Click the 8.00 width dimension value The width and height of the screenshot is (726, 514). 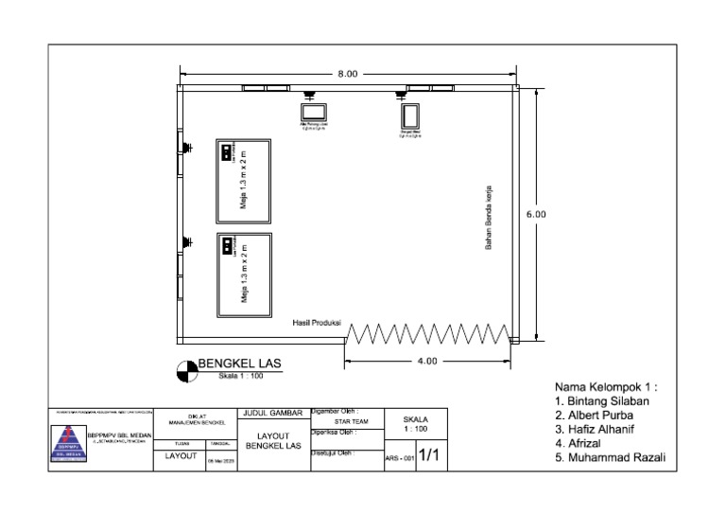click(x=347, y=74)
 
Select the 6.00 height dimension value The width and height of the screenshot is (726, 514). click(x=535, y=215)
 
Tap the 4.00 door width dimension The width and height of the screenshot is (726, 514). click(x=427, y=361)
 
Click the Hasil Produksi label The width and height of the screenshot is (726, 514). click(x=317, y=324)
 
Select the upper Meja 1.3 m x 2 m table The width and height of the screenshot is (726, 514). click(x=244, y=179)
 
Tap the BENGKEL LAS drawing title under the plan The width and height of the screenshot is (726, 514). click(x=239, y=363)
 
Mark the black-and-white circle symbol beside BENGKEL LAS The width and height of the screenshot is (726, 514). click(x=187, y=371)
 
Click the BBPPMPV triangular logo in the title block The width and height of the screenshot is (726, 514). click(x=67, y=441)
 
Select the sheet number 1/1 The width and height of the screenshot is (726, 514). click(x=428, y=456)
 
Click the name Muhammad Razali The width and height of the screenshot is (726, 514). click(x=617, y=457)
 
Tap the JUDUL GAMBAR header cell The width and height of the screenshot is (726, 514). click(x=272, y=413)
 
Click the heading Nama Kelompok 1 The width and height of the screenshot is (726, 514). click(x=605, y=387)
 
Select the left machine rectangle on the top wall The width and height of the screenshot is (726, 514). click(x=312, y=111)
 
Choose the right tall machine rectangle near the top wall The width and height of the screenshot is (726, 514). click(x=410, y=115)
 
